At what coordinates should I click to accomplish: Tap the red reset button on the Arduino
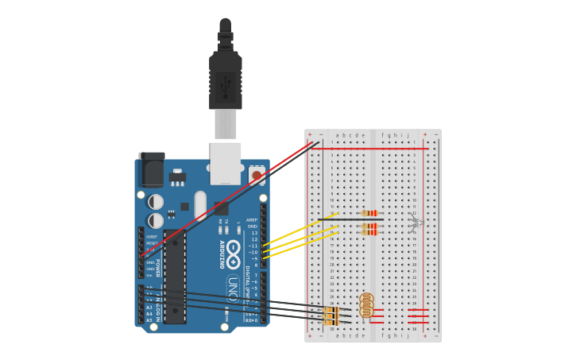[257, 175]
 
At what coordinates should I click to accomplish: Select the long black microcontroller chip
[175, 277]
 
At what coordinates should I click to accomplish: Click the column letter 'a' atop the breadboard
[337, 135]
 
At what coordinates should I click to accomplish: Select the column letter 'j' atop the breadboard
[408, 135]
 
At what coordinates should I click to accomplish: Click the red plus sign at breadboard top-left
[310, 135]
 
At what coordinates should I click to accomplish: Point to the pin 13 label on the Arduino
[253, 233]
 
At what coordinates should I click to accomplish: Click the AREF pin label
[252, 220]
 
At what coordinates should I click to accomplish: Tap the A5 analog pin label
[149, 320]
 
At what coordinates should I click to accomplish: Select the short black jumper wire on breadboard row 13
[350, 219]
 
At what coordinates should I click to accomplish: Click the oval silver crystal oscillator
[200, 204]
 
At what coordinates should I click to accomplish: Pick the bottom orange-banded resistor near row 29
[332, 322]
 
